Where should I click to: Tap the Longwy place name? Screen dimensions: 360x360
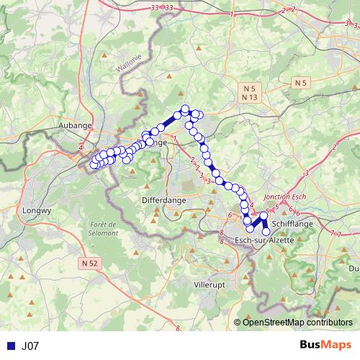click(37, 211)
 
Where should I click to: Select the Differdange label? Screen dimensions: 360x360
click(163, 199)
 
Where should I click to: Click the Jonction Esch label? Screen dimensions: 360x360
click(286, 196)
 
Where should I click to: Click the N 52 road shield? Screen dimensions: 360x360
click(89, 264)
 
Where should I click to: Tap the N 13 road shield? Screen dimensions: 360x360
click(250, 96)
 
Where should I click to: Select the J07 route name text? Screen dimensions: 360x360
click(30, 346)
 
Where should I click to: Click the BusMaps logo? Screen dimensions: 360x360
click(325, 346)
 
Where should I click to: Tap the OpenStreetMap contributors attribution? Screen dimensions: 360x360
click(297, 323)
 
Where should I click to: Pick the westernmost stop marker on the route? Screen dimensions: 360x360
click(92, 166)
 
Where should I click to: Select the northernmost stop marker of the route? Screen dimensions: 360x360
click(185, 109)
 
